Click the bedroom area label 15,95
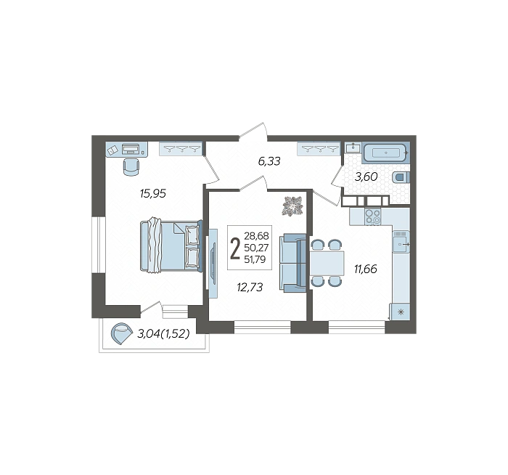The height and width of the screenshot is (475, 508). pos(152,194)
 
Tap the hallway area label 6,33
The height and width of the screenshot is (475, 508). pos(269,161)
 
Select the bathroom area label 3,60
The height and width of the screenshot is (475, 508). pos(366,176)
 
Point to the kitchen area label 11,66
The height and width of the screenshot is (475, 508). pos(366,269)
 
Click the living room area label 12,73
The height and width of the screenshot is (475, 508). pos(250,287)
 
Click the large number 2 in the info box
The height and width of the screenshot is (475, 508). pos(235,248)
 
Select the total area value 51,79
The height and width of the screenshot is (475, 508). pos(255,259)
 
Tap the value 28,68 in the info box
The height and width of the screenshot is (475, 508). pos(256,236)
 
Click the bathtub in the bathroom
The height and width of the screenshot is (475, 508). pos(385,153)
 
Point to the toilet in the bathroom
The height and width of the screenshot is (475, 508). pos(401,178)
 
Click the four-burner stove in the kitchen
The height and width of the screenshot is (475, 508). pos(373,216)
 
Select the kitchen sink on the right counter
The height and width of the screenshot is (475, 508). pos(401,242)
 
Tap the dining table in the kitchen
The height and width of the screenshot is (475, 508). pos(327,263)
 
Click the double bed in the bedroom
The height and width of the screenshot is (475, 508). pos(171,245)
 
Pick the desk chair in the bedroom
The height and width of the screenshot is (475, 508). pos(131,166)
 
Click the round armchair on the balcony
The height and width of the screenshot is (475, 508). pos(121,333)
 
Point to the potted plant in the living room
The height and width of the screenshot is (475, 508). pos(293,206)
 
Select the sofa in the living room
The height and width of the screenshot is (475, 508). pos(292,263)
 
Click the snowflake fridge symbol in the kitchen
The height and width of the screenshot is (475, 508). pos(401,312)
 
